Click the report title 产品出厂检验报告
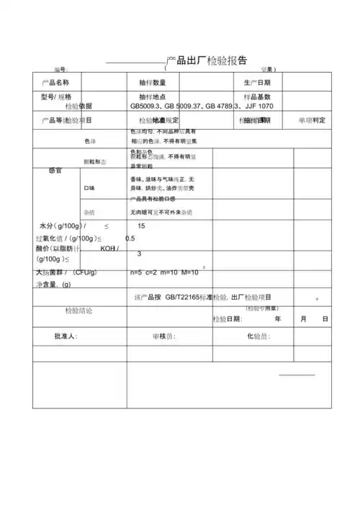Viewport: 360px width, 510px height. point(207,60)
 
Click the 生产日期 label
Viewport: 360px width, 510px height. point(257,82)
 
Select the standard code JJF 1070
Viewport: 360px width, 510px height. point(259,106)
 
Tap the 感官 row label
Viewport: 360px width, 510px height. point(55,170)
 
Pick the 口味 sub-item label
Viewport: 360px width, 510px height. point(89,188)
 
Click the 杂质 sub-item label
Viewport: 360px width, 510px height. point(89,212)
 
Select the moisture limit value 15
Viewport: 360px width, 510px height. point(141,226)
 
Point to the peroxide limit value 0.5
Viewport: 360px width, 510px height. point(130,238)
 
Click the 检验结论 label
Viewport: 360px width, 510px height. point(78,310)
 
